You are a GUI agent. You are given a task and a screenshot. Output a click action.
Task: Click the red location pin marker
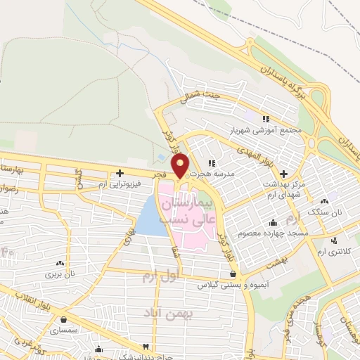click(181, 165)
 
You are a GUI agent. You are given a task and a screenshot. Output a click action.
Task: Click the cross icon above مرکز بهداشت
click(283, 173)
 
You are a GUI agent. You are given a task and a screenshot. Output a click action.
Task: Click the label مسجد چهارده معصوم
click(269, 231)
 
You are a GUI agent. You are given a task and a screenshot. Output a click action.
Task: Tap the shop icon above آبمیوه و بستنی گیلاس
click(232, 274)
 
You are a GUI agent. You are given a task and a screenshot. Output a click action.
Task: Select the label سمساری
click(73, 329)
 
